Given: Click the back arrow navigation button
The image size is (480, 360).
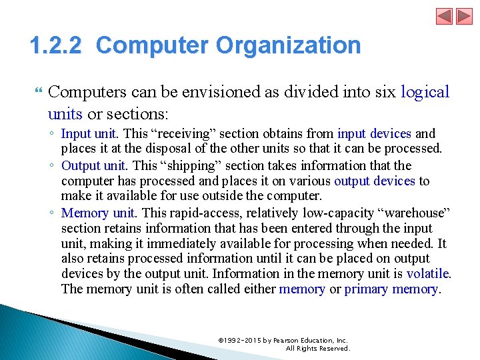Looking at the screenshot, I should (445, 16).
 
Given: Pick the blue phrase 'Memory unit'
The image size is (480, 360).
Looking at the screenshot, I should (97, 213).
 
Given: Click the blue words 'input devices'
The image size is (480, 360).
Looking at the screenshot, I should (375, 134).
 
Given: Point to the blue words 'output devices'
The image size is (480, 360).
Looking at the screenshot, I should (375, 181).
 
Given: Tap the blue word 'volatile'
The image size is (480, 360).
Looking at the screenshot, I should (428, 273).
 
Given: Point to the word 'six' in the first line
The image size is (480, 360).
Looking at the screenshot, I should (385, 91).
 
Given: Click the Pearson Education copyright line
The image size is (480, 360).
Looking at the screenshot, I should (283, 340).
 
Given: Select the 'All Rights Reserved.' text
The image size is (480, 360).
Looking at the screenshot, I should (318, 348).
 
